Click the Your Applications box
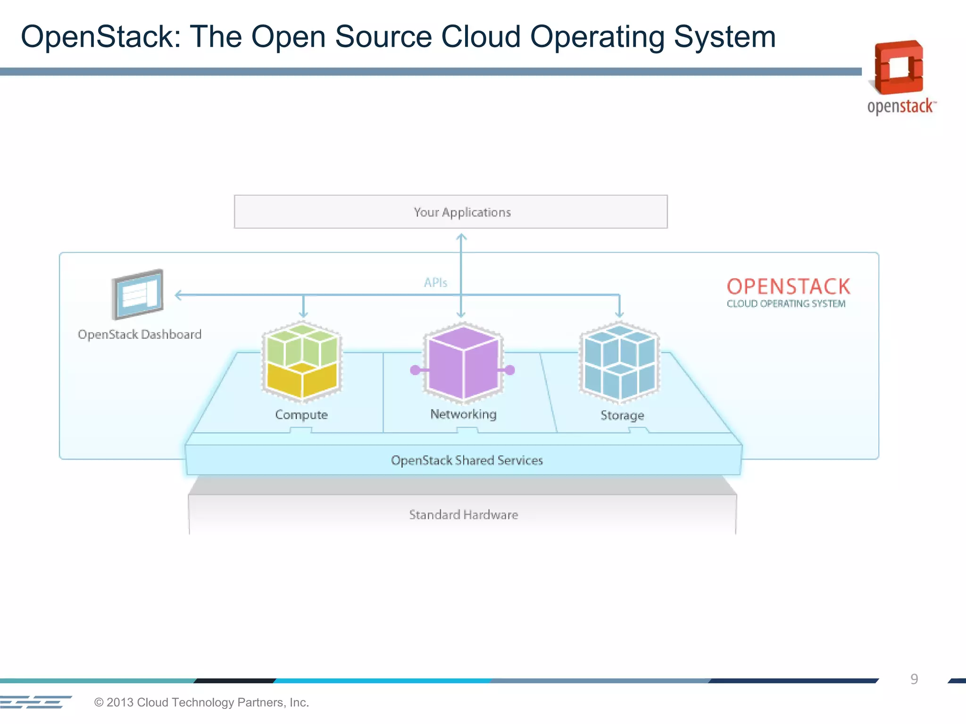coord(450,212)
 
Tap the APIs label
coord(435,283)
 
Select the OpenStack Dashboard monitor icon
coord(138,295)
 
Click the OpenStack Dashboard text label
coord(140,335)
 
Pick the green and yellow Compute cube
coord(302,361)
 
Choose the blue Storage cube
coord(619,361)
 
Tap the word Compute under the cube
coord(301,415)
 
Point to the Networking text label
coord(463,414)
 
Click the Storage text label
coord(622,415)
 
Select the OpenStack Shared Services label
coord(466,461)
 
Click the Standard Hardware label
coord(463,515)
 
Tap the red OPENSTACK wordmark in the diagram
coord(788,287)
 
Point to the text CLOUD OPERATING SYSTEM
coord(786,304)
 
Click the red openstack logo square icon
coord(899,67)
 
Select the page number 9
coord(914,679)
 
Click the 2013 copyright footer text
coord(201,702)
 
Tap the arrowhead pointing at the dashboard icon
coord(178,295)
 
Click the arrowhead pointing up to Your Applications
coord(461,238)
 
